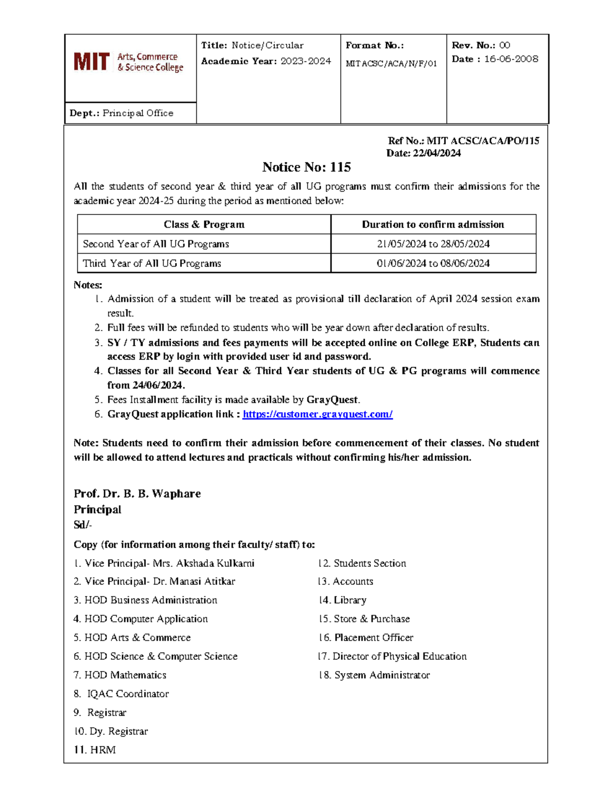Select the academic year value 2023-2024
(x=305, y=61)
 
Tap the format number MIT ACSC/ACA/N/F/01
(x=391, y=64)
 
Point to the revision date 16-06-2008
(x=511, y=59)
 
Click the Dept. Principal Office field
(x=122, y=113)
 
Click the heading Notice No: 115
(x=306, y=167)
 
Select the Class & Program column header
(x=204, y=225)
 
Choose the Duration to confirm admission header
(x=433, y=225)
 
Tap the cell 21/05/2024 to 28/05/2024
(x=433, y=244)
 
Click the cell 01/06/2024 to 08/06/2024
(x=433, y=263)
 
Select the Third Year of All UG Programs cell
(x=152, y=263)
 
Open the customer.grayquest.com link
(x=317, y=414)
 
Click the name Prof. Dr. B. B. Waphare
(x=137, y=494)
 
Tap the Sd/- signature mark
(x=83, y=525)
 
